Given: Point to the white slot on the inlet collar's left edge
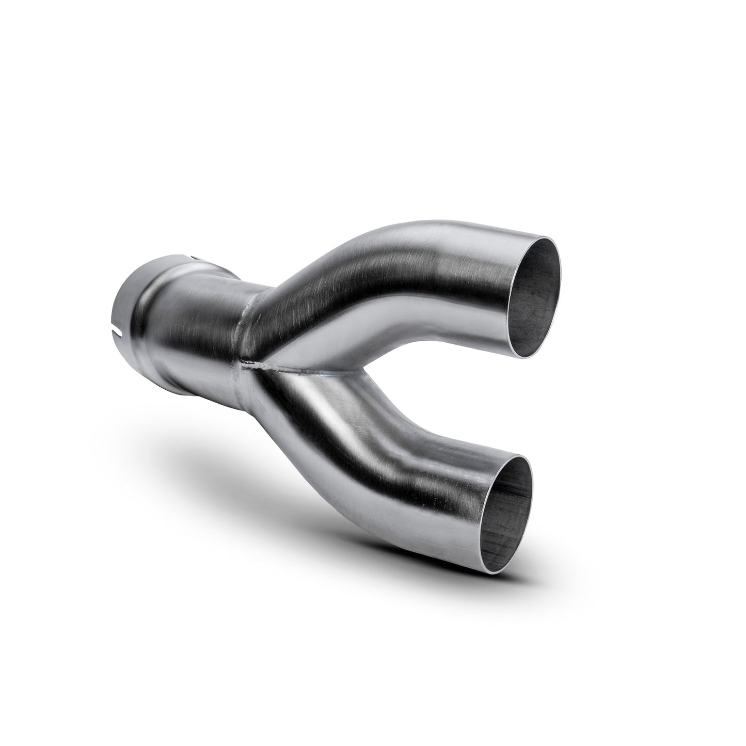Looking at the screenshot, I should tap(121, 327).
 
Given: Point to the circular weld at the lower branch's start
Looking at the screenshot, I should tap(258, 392).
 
